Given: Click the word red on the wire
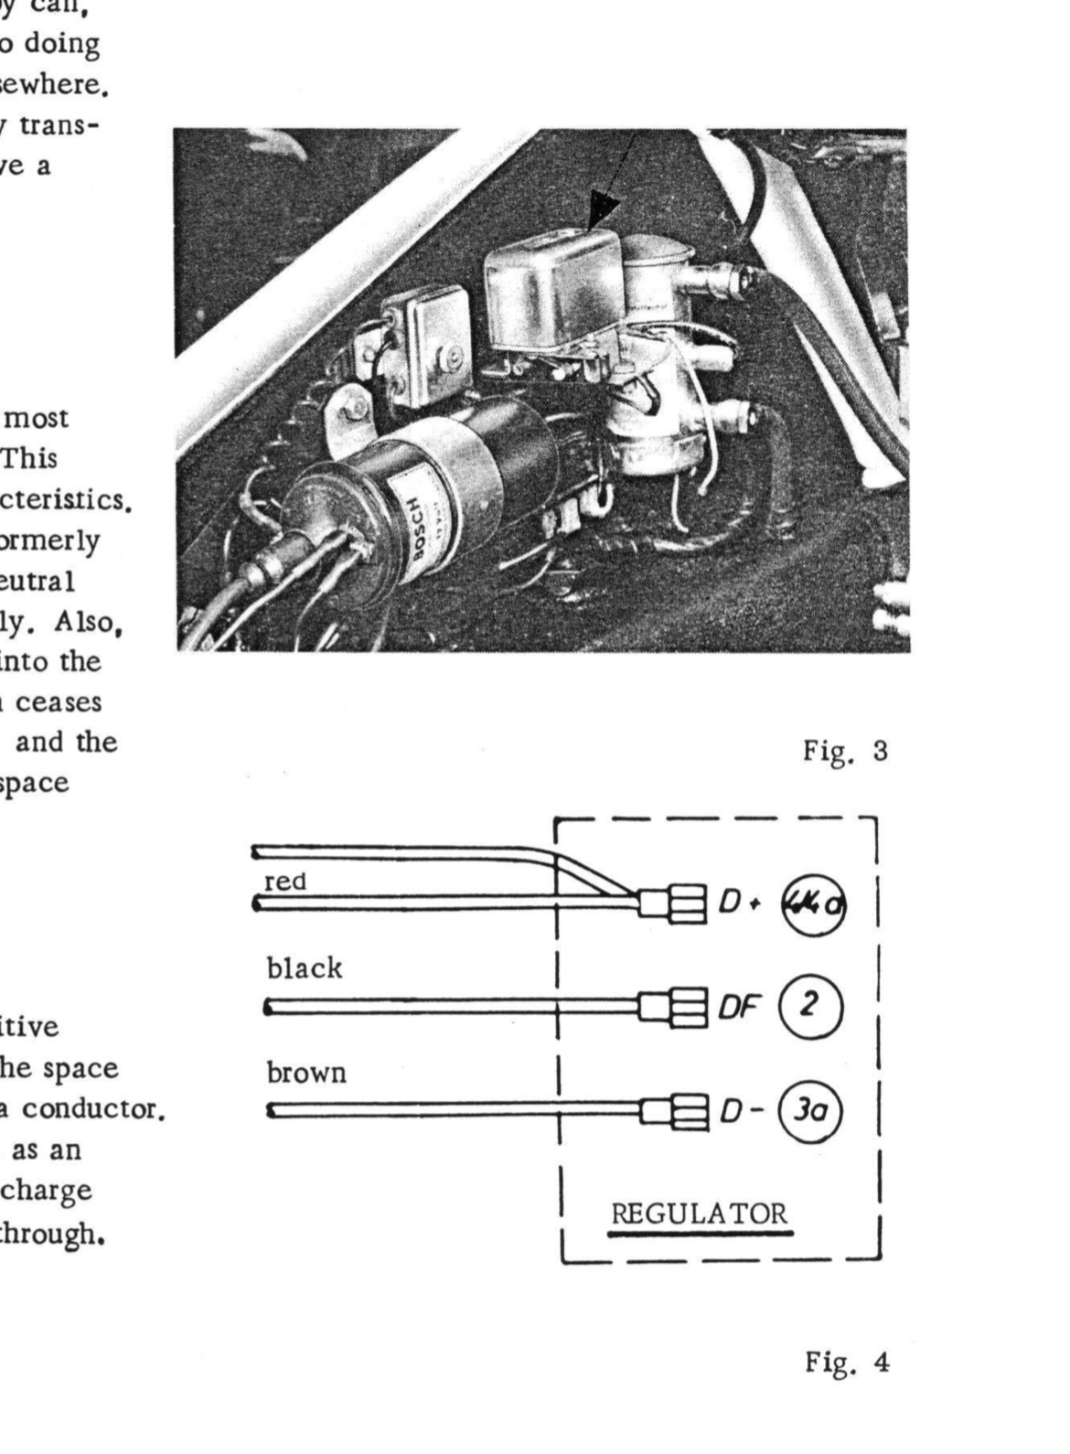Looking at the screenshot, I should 284,882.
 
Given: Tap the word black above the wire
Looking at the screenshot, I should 305,968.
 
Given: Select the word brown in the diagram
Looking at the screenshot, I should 306,1072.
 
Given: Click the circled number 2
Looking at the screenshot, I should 808,1007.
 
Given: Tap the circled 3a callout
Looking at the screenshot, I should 808,1112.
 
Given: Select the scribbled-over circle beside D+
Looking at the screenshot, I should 811,903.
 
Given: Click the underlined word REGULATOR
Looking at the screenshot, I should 700,1214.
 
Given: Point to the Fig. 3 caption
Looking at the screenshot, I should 846,752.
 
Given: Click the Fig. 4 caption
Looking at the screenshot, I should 846,1362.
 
